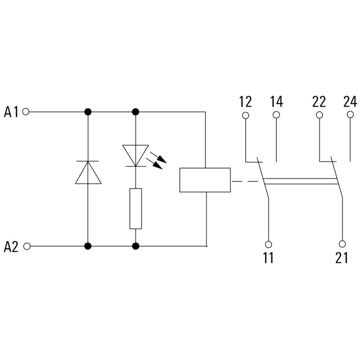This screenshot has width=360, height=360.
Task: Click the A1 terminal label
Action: (11, 112)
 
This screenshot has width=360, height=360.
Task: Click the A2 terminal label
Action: (11, 247)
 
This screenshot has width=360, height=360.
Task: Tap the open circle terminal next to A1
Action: (26, 112)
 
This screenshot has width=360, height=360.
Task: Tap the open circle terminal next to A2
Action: (26, 247)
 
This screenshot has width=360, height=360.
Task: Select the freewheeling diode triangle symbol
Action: (88, 173)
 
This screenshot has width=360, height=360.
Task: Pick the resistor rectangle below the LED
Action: (135, 208)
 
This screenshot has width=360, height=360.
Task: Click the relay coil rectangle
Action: (205, 180)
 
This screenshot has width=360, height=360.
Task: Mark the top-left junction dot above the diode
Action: (88, 112)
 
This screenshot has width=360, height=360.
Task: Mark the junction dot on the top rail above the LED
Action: (135, 112)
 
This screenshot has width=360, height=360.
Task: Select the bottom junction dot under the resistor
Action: (135, 246)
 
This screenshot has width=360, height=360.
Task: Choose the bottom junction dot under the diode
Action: (88, 246)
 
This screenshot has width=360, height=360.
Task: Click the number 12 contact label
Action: (246, 101)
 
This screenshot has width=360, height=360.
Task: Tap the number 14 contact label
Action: (276, 101)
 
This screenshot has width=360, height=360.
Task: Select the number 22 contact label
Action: (319, 101)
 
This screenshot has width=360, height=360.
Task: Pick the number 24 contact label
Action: (350, 101)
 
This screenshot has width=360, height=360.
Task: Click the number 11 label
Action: (268, 258)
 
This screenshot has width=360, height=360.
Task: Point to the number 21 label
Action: (342, 258)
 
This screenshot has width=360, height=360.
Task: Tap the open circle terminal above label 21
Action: (342, 244)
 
